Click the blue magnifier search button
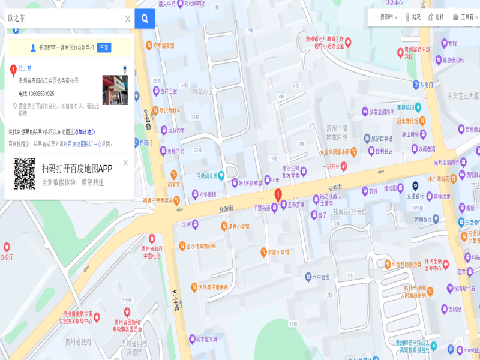pos(145,19)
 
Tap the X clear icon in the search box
pos(128,19)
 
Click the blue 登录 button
pos(104,47)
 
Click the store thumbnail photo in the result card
pos(115,90)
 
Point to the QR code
pos(25,174)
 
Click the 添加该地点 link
pos(85,132)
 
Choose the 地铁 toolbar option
pos(436,17)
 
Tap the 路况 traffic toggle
pos(413,17)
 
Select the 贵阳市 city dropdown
pos(386,17)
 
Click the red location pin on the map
pos(278,194)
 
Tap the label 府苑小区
pos(203,92)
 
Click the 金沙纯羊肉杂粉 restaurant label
pos(200,246)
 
